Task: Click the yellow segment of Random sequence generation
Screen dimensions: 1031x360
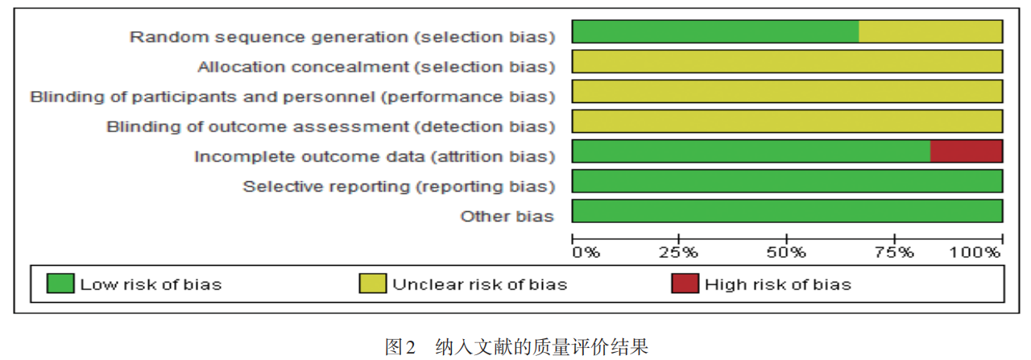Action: coord(930,31)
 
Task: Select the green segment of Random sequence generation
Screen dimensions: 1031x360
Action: coord(715,31)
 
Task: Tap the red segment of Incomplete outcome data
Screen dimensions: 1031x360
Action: coord(967,151)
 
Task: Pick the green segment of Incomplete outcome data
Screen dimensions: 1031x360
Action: coord(752,151)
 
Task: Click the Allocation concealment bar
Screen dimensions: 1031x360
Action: coord(788,62)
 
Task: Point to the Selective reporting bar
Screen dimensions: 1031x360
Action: coord(788,181)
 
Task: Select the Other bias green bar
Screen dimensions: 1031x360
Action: coord(788,211)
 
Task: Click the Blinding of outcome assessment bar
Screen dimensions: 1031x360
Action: coord(788,122)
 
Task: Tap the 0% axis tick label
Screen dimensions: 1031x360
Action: coord(586,252)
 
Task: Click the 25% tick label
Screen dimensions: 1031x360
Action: coord(678,252)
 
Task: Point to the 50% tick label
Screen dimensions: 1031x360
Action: coord(786,252)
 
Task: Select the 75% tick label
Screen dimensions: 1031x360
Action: coord(894,252)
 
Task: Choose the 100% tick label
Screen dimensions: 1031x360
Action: coord(975,252)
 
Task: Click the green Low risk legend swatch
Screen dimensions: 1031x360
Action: coord(60,283)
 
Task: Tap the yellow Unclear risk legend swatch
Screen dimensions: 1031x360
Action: coord(372,283)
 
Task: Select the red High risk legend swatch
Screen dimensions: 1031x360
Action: coord(685,283)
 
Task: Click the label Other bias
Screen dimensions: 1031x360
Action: coord(507,217)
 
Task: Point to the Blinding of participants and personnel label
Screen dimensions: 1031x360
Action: coord(292,97)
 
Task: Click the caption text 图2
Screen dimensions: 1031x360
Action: coord(400,346)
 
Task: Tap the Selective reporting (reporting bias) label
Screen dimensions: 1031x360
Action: coord(399,187)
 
